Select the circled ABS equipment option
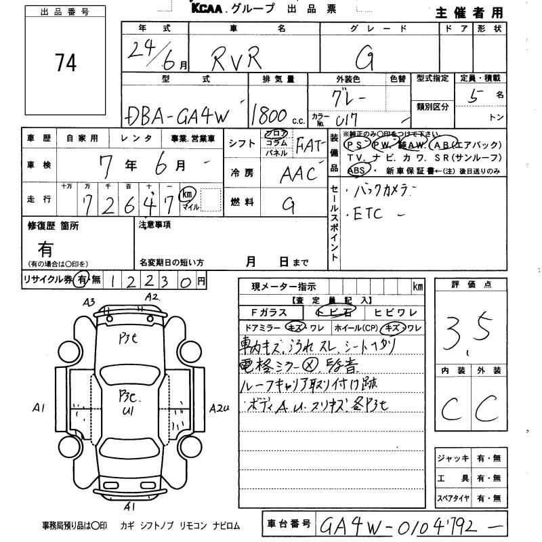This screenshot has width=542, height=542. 357,170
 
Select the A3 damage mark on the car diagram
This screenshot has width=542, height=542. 89,301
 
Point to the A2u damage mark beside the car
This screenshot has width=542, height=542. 220,408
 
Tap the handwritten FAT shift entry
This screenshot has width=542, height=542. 309,145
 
